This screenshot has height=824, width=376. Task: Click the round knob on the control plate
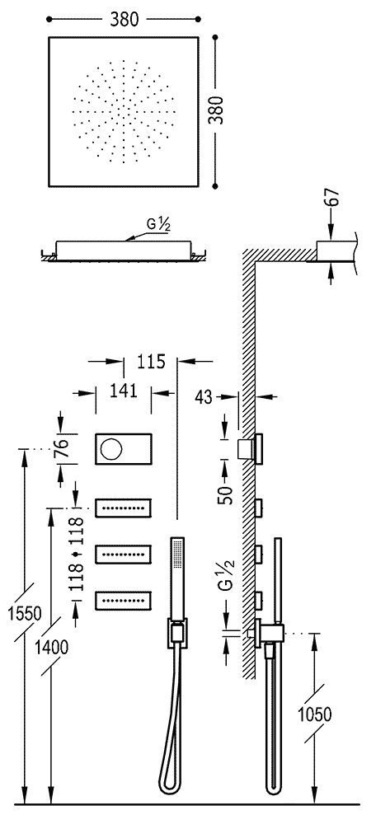click(x=110, y=448)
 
